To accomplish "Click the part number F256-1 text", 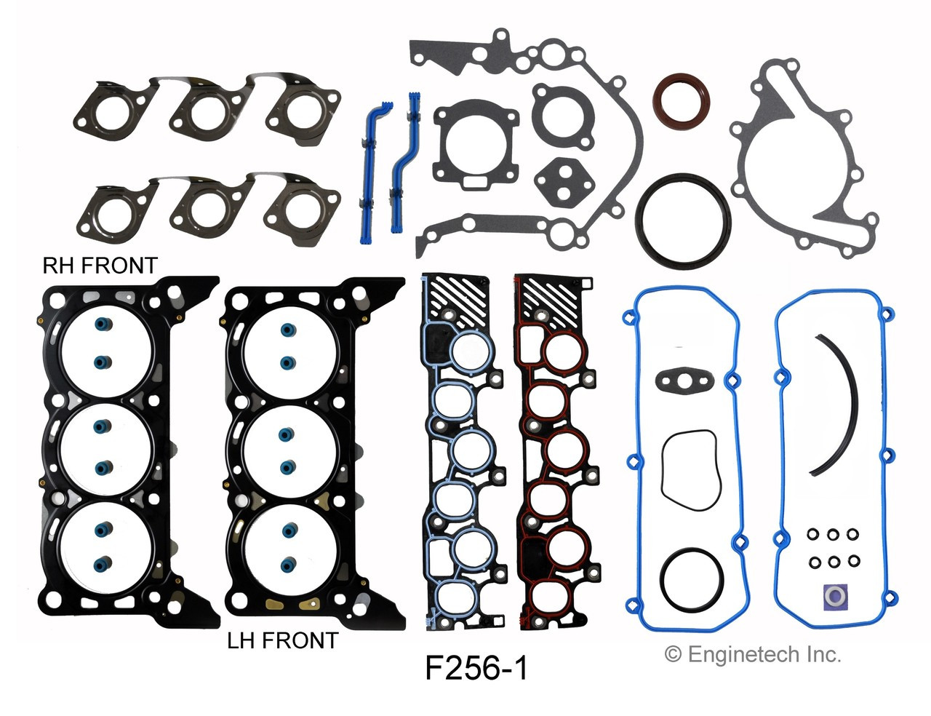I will coord(476,667).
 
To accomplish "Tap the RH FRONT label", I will coord(100,266).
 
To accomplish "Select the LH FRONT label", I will coord(282,640).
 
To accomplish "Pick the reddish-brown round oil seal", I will coord(682,99).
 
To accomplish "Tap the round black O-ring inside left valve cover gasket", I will coord(692,579).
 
